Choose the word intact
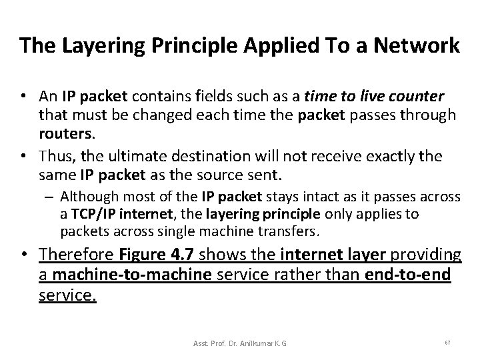coord(322,197)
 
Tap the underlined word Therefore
coord(75,256)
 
